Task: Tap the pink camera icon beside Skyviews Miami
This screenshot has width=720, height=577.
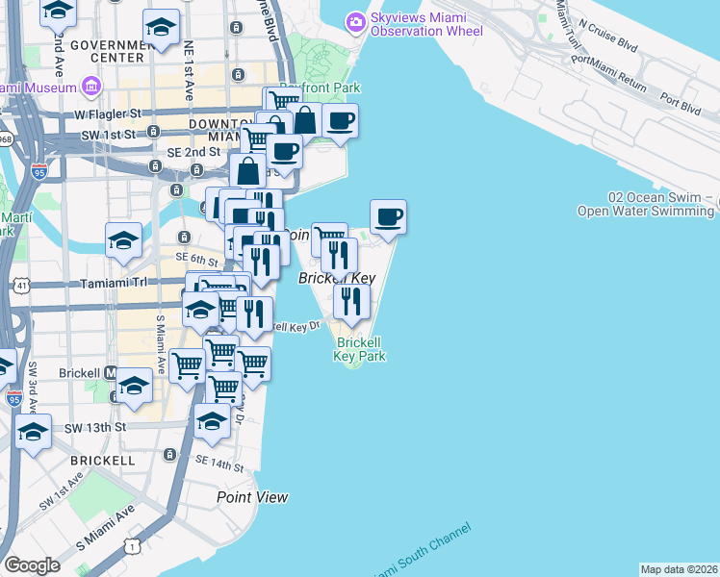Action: coord(356,20)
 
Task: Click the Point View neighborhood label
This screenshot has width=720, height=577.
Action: coord(252,497)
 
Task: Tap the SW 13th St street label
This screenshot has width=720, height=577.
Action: coord(95,426)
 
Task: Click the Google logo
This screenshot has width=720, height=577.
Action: coord(32,565)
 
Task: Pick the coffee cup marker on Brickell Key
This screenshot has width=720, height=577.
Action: coord(388,217)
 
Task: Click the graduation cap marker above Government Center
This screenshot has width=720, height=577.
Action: coord(161,26)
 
